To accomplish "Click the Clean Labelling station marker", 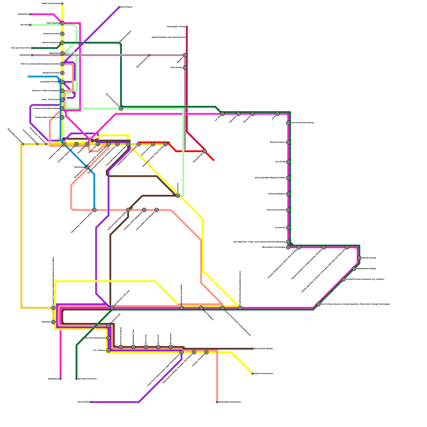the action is click(x=62, y=23).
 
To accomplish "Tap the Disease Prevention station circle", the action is click(x=62, y=34).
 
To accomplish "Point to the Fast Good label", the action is click(x=25, y=25).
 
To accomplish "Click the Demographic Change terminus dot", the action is click(x=187, y=27).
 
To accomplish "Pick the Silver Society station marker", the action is click(x=185, y=68).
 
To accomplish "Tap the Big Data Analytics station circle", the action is click(x=288, y=143).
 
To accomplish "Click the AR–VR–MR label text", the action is click(x=280, y=162).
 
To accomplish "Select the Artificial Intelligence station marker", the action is click(x=288, y=194).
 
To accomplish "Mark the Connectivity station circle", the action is click(x=288, y=228).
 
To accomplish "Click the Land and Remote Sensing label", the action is click(x=302, y=123).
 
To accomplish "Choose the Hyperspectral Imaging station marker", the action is click(x=354, y=269).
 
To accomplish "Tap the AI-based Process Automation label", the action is click(x=365, y=279).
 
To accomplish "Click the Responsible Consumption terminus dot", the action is click(x=217, y=402).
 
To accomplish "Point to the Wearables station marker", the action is click(x=53, y=322).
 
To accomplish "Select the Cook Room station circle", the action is click(x=178, y=196).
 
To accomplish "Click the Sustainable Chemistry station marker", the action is click(x=62, y=82).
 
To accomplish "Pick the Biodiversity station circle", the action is click(x=87, y=167).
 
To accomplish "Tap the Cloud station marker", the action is click(x=278, y=114).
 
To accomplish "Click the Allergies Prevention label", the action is click(x=51, y=73).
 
